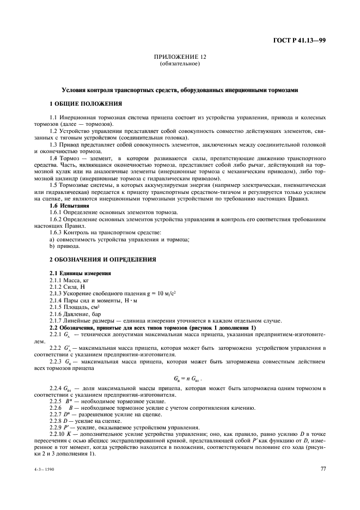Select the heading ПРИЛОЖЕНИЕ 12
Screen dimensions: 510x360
click(180, 57)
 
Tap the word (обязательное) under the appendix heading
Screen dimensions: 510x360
click(180, 63)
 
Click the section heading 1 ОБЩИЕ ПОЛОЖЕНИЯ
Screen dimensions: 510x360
click(86, 103)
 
